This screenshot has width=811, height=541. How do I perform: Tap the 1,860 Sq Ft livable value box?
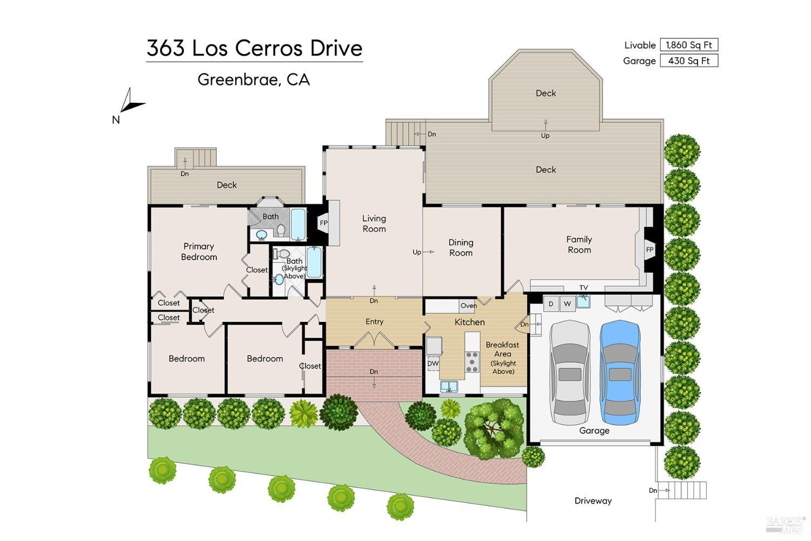tap(689, 45)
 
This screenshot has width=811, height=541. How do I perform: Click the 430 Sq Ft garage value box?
tap(689, 61)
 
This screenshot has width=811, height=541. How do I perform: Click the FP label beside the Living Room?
tap(324, 223)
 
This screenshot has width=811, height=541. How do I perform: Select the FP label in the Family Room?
tap(650, 249)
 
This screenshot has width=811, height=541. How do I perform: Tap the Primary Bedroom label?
tap(199, 252)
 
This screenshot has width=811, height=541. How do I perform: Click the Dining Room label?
tap(461, 247)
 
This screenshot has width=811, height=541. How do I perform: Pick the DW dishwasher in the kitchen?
tap(433, 364)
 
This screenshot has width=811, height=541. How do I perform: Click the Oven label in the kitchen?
tap(468, 306)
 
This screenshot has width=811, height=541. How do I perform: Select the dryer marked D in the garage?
tap(551, 304)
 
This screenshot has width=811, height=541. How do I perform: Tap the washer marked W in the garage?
tap(567, 304)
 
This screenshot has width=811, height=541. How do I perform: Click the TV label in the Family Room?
tap(583, 288)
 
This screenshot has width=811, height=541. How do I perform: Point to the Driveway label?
tap(593, 501)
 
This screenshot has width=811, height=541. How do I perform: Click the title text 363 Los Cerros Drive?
tap(254, 48)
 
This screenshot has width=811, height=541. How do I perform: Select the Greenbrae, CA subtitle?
tap(254, 80)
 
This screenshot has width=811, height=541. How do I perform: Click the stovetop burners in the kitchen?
tap(472, 361)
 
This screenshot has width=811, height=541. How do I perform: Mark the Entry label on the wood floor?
tap(374, 321)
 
